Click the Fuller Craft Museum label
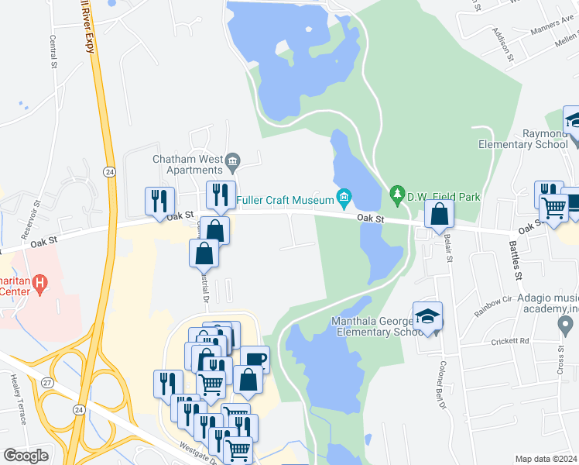285,200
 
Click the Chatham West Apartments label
187,164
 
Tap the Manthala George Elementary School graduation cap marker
428,316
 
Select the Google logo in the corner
26,456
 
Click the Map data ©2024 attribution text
546,459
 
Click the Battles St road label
514,260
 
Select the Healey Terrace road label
18,399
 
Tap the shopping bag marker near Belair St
439,215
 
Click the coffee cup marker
255,360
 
